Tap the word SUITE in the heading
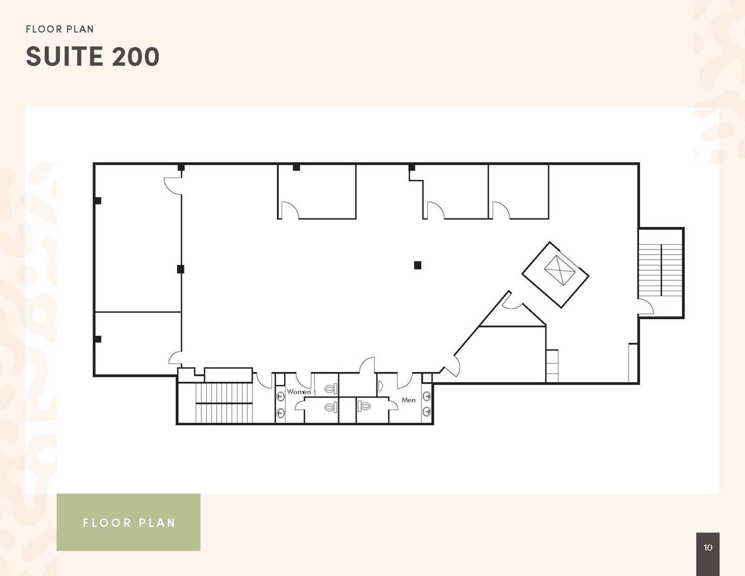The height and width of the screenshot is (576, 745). coord(64,56)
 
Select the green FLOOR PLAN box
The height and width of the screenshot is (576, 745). coord(129,522)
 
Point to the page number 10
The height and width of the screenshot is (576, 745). coord(708,548)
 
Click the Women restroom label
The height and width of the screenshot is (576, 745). coord(298,392)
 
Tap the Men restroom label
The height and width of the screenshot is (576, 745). coord(408,400)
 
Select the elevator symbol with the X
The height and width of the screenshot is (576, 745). coord(560,270)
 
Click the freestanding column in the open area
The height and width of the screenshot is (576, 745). coord(418,265)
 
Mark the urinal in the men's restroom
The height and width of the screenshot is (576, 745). coord(380,385)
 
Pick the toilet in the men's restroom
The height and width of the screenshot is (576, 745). coord(365,406)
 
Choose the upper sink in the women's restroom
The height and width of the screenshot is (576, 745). coord(281,397)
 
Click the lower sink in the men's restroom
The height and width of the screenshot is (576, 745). coord(427,411)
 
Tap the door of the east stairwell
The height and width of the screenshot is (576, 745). coord(646,308)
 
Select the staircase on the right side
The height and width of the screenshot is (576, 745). coord(661,270)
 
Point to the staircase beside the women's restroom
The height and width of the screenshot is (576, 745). coord(224,403)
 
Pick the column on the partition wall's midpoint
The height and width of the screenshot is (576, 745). coord(181,269)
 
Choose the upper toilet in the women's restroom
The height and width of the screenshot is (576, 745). coord(331,388)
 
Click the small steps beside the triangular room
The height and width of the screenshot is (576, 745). coord(552,366)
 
